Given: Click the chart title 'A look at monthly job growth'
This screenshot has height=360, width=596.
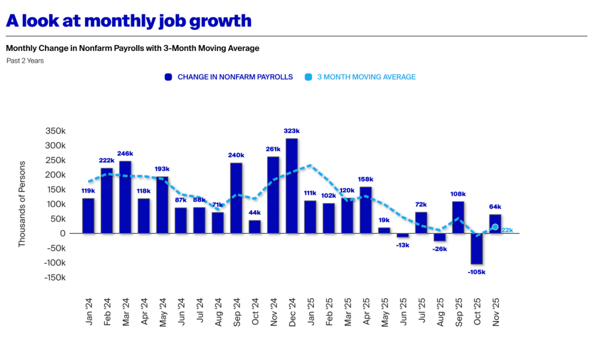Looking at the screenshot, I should (x=129, y=20).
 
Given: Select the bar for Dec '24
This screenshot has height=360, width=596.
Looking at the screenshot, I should (x=292, y=186).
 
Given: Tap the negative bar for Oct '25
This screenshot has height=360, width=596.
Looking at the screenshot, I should (x=477, y=248).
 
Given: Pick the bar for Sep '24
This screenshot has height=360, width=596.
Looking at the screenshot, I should (x=236, y=198).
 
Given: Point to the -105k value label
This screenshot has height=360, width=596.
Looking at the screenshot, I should (x=477, y=272).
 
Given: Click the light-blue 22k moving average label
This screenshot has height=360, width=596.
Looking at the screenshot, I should (x=507, y=231).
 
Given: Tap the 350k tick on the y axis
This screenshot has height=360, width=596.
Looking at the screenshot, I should (x=55, y=131).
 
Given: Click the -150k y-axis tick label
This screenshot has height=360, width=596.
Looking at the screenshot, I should (x=53, y=277).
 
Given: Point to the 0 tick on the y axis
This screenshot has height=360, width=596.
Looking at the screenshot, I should (x=62, y=234).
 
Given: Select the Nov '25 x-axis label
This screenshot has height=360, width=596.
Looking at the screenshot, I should (x=495, y=312).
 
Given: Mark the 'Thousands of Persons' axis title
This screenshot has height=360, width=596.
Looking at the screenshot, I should (x=22, y=204).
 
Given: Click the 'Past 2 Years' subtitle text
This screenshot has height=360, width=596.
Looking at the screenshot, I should (x=25, y=60).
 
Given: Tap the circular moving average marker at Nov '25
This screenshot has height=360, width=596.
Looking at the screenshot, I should (x=495, y=227).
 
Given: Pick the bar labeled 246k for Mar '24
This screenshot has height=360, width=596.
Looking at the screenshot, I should (x=125, y=196).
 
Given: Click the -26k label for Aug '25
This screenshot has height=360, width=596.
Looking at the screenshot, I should (x=440, y=249).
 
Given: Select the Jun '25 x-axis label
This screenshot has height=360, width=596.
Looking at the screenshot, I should (x=403, y=312).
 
